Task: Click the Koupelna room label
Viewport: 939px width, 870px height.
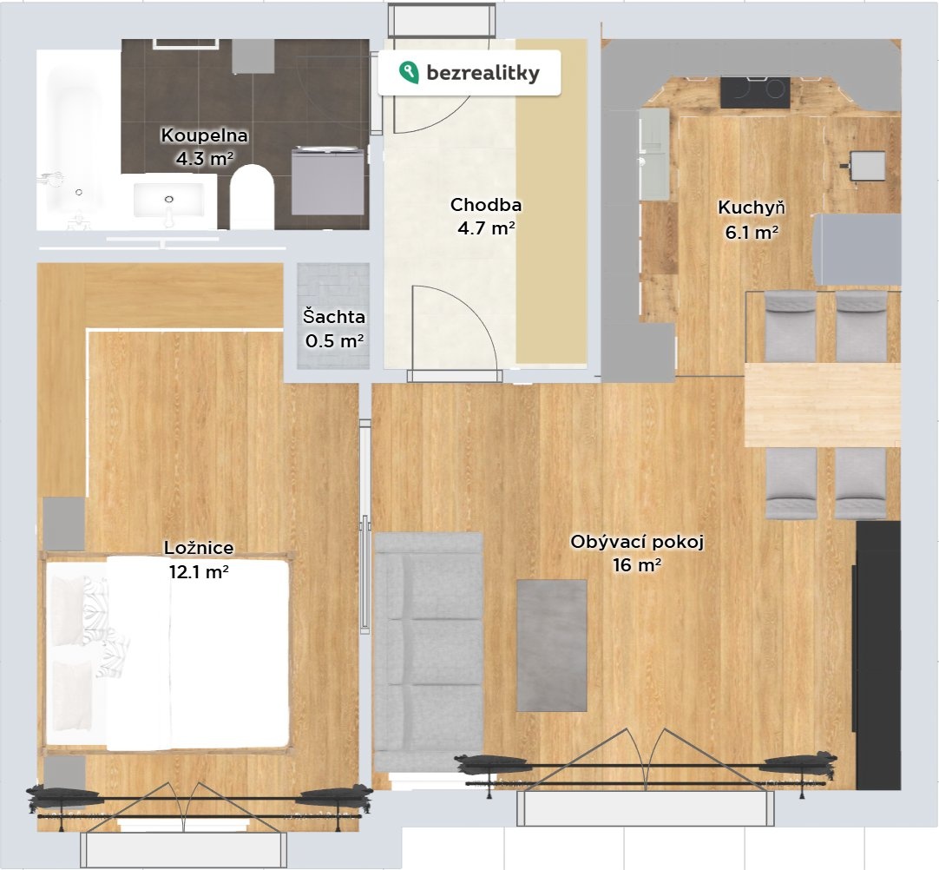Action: tap(204, 135)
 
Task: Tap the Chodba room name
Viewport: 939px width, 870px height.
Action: tap(486, 205)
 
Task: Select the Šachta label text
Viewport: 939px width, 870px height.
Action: tap(333, 316)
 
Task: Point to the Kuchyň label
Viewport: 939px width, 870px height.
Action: tap(752, 208)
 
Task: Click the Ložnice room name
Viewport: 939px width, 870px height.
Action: tap(199, 548)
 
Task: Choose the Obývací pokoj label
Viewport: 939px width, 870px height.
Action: tap(637, 542)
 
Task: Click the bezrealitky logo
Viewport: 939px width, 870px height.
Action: tap(469, 73)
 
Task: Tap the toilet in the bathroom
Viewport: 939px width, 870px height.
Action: tap(252, 197)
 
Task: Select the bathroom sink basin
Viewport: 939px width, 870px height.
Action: tap(169, 200)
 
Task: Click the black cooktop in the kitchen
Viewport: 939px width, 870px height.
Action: tap(754, 93)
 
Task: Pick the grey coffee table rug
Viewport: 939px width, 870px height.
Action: tap(552, 645)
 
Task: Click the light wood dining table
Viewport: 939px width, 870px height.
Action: tap(822, 405)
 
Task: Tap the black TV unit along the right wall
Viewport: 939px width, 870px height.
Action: tap(878, 656)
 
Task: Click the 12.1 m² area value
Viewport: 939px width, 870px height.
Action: tap(199, 571)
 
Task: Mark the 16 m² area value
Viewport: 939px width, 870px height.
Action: tap(637, 564)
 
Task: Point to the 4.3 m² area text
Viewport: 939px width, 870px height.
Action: tap(204, 158)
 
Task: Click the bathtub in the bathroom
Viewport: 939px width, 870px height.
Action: tap(78, 140)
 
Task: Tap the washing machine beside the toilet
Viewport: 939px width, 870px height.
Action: tap(328, 181)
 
